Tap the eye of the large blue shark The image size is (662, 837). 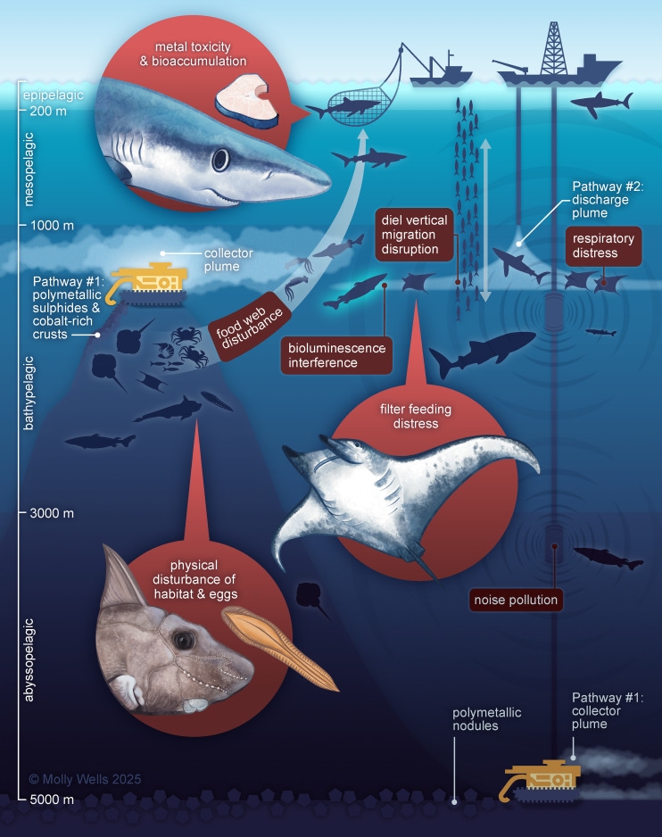coord(220,160)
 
